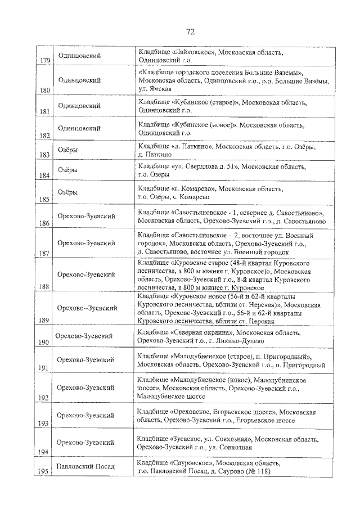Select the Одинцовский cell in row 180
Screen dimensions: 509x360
79,80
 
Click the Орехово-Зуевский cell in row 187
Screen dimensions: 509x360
86,243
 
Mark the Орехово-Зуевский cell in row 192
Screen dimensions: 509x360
86,388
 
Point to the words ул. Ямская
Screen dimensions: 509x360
154,89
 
